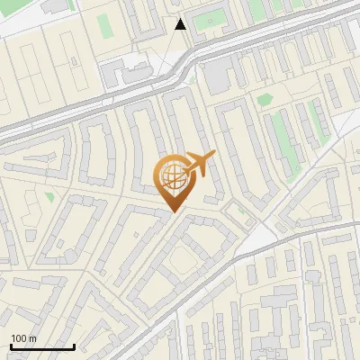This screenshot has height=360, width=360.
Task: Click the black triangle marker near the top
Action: [181, 24]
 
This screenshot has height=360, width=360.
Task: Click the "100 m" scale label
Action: [23, 338]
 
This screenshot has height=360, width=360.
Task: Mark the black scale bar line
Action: [42, 346]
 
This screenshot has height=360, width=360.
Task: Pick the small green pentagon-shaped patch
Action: [265, 100]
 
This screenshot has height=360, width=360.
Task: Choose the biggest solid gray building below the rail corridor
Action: [219, 77]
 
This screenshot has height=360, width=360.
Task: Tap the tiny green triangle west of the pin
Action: [50, 196]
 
